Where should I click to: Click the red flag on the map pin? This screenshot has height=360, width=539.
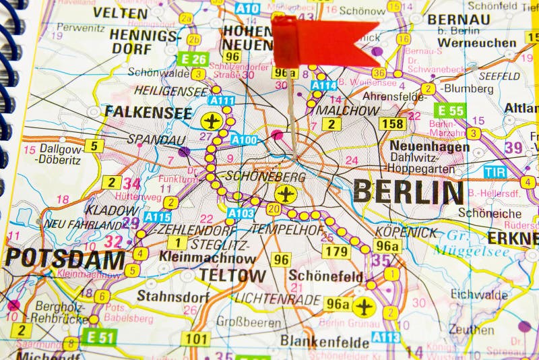coord(323,41)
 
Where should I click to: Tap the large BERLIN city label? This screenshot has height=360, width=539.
coord(408,192)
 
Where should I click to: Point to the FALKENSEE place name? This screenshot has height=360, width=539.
coord(148,113)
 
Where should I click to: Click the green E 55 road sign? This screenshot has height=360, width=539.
coord(450,111)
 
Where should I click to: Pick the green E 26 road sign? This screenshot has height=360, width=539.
coord(194,59)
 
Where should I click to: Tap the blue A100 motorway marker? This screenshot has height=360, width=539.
coord(244,140)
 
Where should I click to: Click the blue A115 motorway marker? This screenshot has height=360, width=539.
coord(157,217)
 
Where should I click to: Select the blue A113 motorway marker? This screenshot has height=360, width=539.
coord(385,337)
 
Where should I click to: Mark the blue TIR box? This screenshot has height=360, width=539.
coord(495,172)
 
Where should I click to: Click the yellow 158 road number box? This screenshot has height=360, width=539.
coord(392,123)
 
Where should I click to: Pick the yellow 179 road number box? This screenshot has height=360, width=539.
coord(336,251)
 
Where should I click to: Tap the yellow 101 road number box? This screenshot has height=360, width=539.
coord(195,338)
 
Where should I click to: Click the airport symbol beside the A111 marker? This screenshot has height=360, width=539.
coord(212,121)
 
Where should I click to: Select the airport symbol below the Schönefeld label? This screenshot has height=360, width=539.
coord(364,307)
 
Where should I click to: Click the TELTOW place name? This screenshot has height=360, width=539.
coord(232,275)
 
